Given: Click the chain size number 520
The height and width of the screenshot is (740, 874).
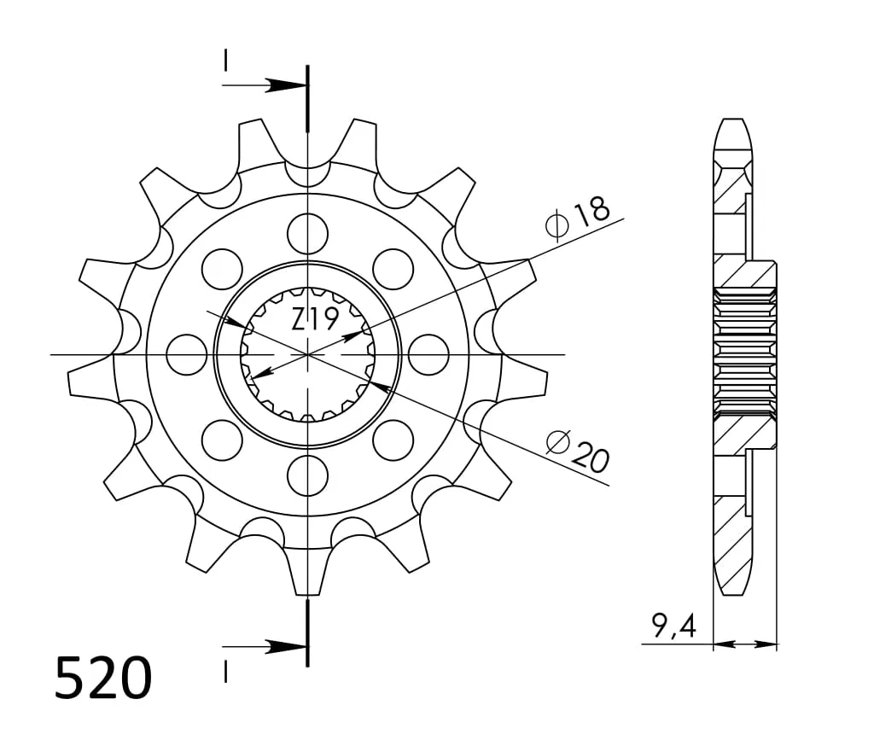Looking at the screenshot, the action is click(x=103, y=678).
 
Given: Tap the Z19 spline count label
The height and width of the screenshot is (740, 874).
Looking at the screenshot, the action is click(x=315, y=320).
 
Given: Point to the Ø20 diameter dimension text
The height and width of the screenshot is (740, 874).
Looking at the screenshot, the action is click(x=578, y=451).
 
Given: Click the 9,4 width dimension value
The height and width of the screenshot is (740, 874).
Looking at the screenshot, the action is click(x=674, y=626).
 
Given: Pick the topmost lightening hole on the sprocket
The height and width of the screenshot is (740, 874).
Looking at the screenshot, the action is click(x=307, y=233).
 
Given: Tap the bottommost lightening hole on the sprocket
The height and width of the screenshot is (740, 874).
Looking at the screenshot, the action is click(x=307, y=475).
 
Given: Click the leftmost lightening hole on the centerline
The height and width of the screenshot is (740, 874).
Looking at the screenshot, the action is click(x=187, y=354).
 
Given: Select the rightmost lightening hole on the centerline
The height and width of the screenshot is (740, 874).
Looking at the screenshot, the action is click(x=428, y=354).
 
